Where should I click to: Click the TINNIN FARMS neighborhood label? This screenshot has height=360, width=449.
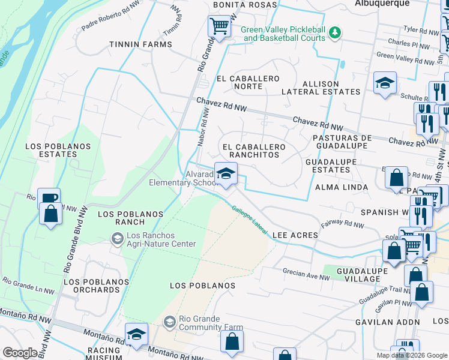pyautogui.click(x=140, y=44)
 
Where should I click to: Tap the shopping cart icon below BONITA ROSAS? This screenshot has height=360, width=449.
pyautogui.click(x=220, y=26)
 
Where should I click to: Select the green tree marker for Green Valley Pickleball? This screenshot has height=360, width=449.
pyautogui.click(x=337, y=31)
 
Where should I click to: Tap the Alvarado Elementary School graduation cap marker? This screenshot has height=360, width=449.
pyautogui.click(x=226, y=175)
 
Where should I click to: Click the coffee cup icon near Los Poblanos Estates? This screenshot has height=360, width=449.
pyautogui.click(x=49, y=198)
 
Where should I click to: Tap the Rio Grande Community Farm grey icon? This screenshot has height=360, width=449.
pyautogui.click(x=169, y=323)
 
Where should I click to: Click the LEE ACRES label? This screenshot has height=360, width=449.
pyautogui.click(x=295, y=235)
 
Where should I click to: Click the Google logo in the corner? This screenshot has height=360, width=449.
pyautogui.click(x=20, y=353)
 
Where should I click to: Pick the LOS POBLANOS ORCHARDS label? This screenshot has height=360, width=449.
pyautogui.click(x=92, y=286)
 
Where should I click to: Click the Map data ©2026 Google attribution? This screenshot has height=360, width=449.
pyautogui.click(x=412, y=355)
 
